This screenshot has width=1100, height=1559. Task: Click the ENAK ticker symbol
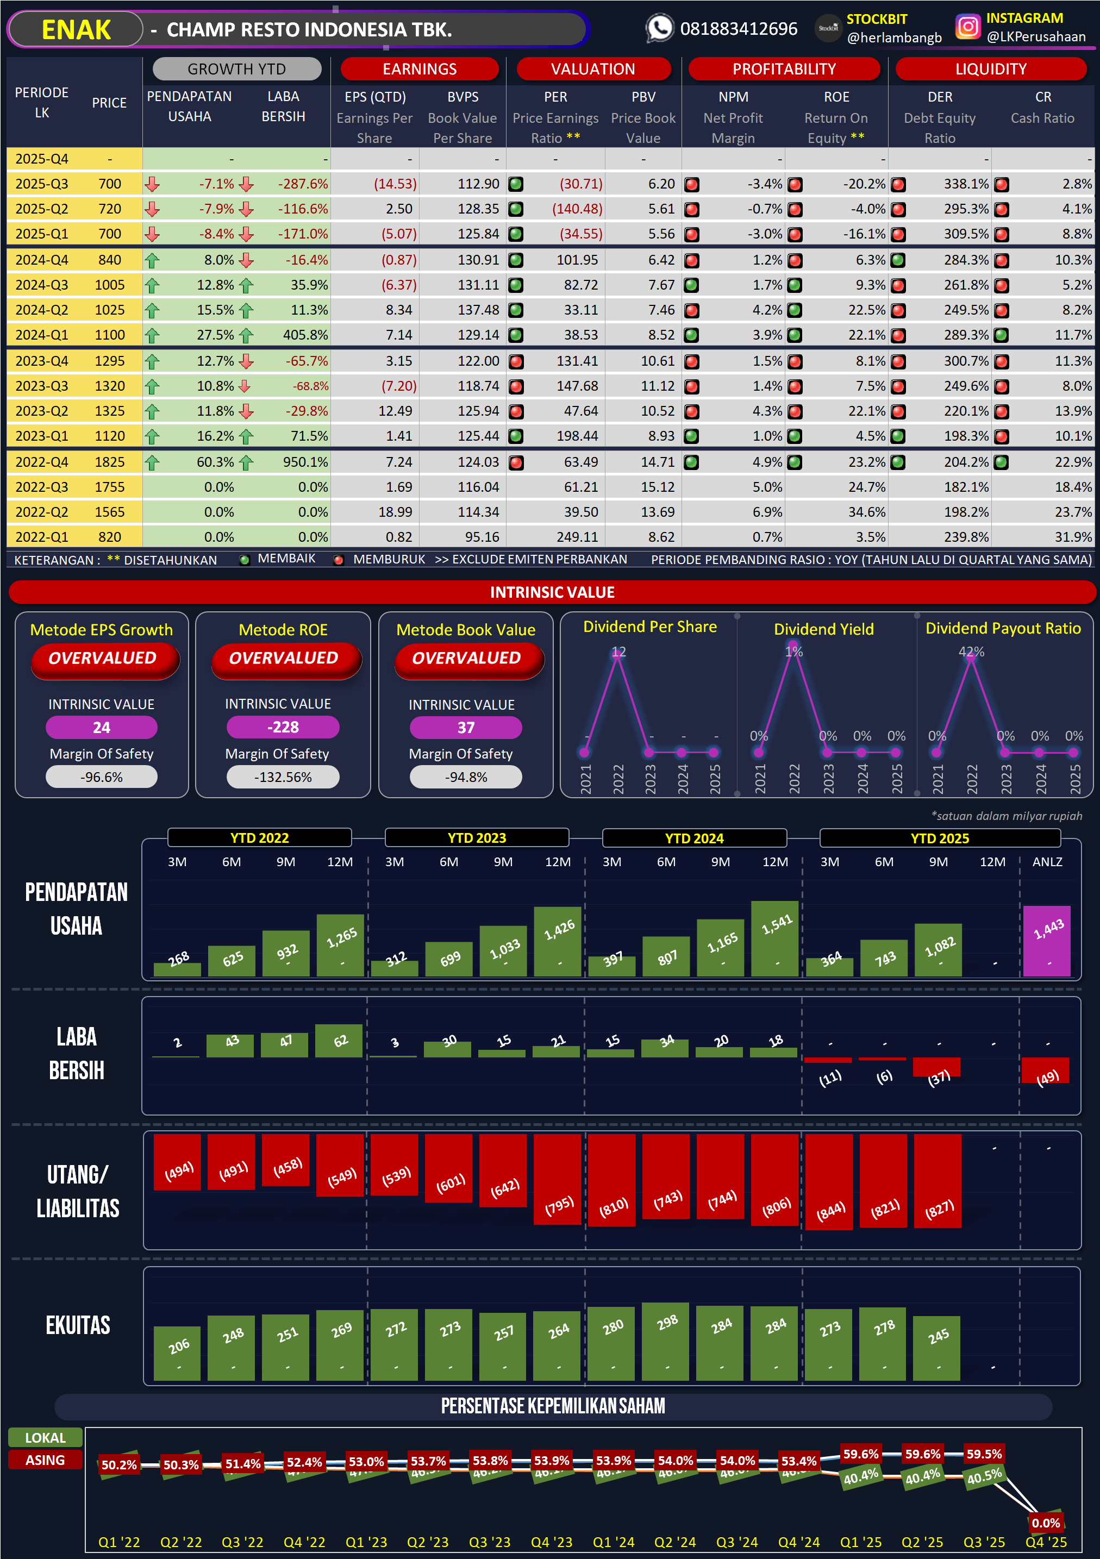76,30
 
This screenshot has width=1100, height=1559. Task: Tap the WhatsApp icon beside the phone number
659,28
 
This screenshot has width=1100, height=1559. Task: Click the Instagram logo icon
967,27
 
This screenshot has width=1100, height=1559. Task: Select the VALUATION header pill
593,69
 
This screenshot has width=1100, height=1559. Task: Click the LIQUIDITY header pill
990,69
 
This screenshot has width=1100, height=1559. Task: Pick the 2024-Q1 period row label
41,335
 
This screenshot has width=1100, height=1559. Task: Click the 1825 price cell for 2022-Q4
109,462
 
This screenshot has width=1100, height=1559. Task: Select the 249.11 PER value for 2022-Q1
577,537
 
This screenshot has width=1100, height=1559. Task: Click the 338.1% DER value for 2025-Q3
966,184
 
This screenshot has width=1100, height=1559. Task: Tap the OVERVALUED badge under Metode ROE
284,658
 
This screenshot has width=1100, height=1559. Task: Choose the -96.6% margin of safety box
102,777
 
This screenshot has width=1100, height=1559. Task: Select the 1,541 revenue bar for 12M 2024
775,939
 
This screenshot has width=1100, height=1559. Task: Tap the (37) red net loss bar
936,1067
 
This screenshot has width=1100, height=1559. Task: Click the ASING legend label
46,1460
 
